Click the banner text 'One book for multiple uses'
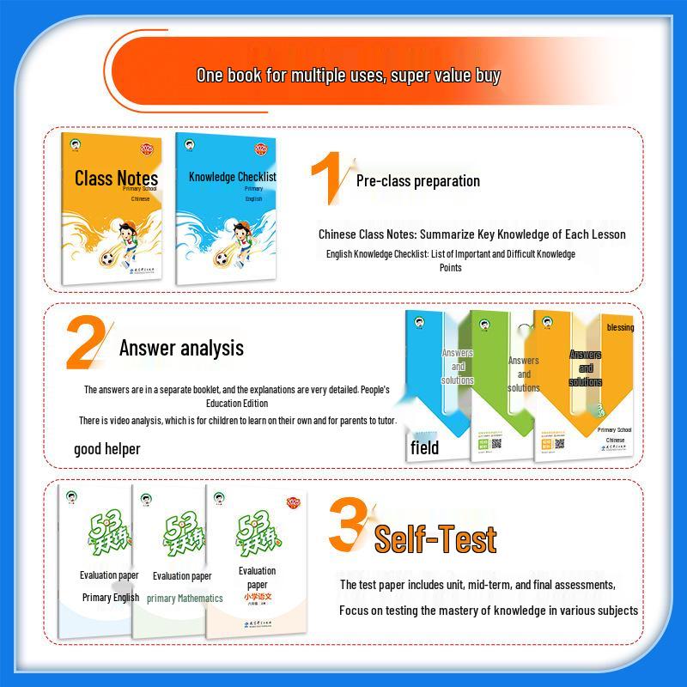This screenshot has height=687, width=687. click(x=348, y=76)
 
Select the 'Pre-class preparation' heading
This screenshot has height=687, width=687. click(x=417, y=181)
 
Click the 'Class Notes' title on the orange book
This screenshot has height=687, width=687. click(x=116, y=178)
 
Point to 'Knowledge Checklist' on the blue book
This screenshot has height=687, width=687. click(x=232, y=177)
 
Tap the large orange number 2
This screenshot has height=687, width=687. click(x=86, y=344)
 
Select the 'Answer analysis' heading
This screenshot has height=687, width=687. click(x=181, y=348)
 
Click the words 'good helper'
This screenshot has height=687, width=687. click(x=106, y=448)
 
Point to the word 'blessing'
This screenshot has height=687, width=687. click(x=620, y=327)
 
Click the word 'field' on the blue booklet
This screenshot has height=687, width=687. click(x=424, y=447)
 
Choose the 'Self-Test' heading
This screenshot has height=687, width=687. click(x=435, y=539)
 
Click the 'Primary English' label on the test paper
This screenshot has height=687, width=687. click(x=110, y=597)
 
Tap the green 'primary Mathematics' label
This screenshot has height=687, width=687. click(x=185, y=598)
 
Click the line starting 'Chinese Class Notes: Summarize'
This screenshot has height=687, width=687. click(x=471, y=234)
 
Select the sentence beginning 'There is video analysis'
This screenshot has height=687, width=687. click(x=238, y=421)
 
